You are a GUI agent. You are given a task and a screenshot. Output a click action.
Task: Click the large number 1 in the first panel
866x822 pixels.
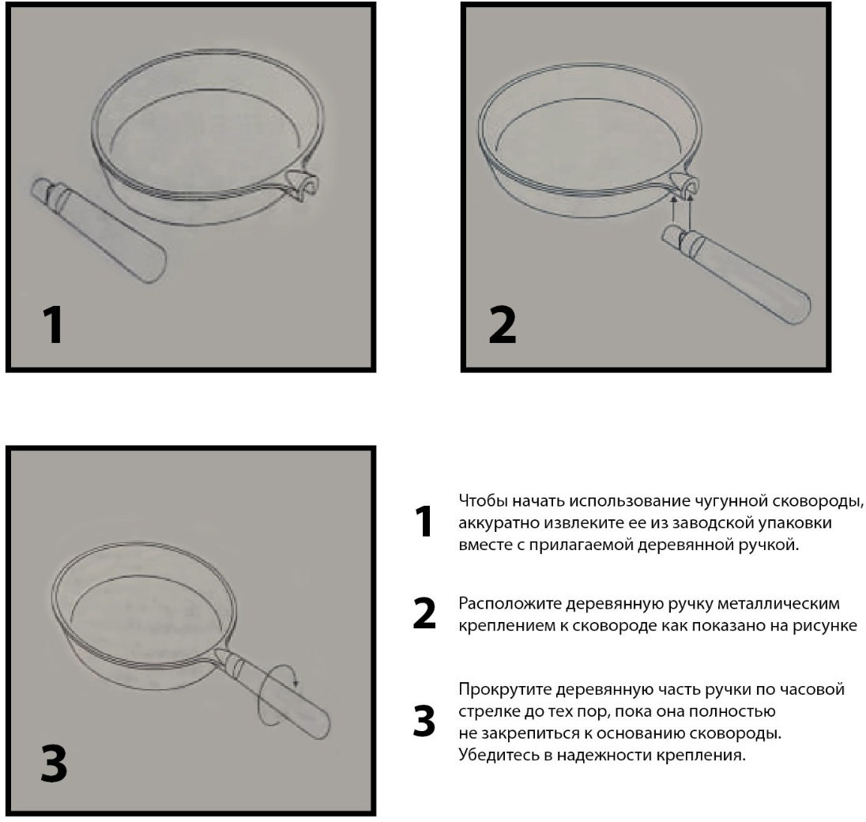click(x=54, y=325)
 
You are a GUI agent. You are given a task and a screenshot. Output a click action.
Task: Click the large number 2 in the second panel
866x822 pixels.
click(x=502, y=325)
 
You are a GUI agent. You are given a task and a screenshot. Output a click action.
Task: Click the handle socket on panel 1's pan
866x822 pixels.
click(x=303, y=186)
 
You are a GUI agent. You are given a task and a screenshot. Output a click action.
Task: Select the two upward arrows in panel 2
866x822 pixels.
click(x=681, y=212)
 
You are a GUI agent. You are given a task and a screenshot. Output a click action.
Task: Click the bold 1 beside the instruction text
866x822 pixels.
click(x=424, y=521)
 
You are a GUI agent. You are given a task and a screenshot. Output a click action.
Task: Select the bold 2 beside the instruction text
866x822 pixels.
click(x=424, y=613)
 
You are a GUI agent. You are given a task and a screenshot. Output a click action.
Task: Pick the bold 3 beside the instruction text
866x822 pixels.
click(x=424, y=721)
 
